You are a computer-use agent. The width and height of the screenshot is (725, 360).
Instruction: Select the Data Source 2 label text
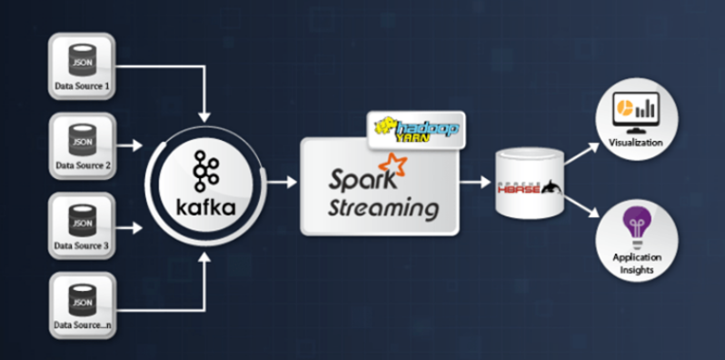click(83, 165)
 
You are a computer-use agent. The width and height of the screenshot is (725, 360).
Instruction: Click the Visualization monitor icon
click(634, 109)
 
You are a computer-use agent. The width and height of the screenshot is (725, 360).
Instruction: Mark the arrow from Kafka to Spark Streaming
click(283, 182)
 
